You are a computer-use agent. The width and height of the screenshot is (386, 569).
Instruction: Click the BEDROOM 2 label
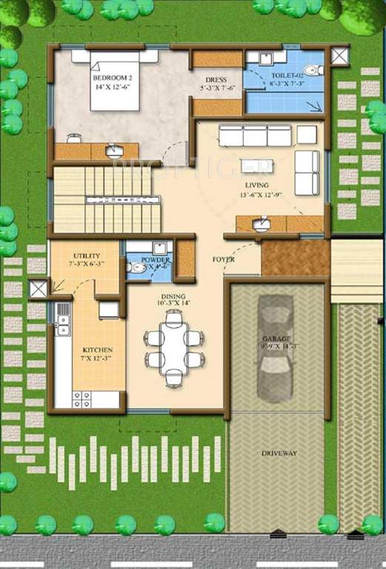click(113, 78)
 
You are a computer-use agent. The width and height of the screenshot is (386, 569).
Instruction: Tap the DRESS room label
click(216, 80)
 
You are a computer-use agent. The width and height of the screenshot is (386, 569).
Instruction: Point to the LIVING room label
click(257, 185)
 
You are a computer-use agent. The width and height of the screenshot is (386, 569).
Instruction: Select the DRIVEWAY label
click(279, 453)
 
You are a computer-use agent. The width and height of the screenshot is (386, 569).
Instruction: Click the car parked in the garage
click(276, 347)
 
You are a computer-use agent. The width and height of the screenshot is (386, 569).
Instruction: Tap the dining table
click(173, 348)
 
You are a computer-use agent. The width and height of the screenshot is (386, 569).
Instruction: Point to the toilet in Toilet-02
click(316, 71)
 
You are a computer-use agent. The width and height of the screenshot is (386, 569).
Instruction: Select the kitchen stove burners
click(81, 399)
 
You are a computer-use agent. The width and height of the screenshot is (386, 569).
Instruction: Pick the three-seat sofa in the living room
click(256, 136)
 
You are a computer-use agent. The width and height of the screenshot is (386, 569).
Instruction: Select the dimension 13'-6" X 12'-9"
click(257, 196)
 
